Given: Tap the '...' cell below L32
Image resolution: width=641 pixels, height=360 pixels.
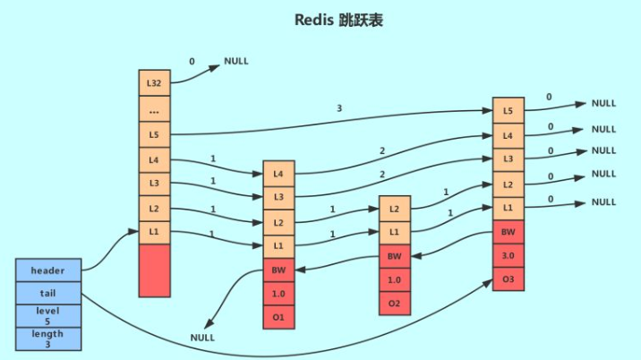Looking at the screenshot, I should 154,109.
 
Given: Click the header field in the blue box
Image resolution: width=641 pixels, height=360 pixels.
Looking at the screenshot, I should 47,269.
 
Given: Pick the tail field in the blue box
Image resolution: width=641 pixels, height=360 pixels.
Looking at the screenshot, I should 47,292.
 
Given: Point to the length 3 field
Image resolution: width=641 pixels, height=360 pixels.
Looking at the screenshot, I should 47,339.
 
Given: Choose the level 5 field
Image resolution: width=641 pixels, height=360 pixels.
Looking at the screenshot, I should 47,315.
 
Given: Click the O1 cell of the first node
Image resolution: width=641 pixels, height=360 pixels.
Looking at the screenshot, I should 278,316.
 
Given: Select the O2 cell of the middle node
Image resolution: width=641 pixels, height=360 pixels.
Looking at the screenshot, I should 395,304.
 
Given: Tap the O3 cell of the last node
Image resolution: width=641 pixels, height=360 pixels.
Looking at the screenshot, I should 508,280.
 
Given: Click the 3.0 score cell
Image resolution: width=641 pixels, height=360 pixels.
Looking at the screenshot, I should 508,256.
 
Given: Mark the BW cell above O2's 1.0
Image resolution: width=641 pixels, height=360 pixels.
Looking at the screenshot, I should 395,257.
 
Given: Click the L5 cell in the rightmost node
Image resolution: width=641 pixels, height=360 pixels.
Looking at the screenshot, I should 508,111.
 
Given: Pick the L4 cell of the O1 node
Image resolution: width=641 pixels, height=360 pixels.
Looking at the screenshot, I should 278,173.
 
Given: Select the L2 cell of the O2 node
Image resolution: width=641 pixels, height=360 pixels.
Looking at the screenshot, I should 395,208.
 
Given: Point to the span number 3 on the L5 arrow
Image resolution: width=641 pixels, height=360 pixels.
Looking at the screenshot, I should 338,107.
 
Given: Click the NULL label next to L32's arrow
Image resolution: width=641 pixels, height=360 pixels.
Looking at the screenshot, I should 236,62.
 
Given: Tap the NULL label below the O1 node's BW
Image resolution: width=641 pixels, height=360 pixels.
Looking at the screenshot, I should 203,338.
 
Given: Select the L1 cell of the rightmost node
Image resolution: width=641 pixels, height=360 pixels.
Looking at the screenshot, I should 508,208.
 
